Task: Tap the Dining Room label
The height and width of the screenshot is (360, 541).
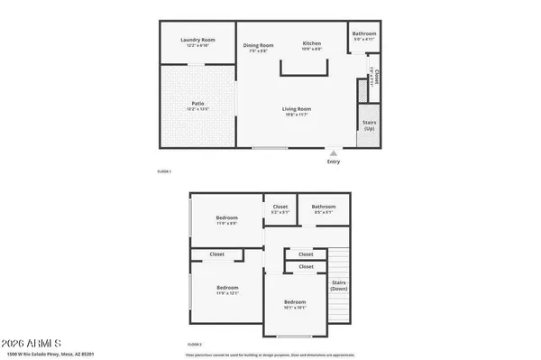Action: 259,46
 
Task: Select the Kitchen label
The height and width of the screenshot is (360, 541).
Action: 312,46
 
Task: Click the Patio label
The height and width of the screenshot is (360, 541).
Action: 197,106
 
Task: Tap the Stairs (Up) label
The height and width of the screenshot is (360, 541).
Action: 368,126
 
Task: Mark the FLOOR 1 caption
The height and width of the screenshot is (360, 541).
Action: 164,171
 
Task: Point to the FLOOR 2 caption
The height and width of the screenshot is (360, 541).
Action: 194,344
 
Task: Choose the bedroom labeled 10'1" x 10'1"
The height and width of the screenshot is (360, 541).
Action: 295,304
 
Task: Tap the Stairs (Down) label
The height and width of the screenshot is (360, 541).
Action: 339,286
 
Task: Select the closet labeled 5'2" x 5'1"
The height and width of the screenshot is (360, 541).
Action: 280,209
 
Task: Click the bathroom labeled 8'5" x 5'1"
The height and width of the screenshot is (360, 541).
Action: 323,209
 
